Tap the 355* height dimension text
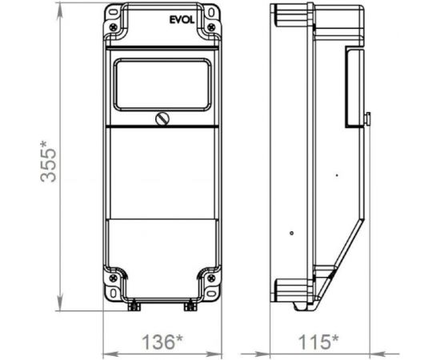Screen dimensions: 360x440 click(x=50, y=162)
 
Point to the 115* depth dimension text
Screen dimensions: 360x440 click(x=317, y=342)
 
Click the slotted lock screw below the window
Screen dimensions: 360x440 click(x=162, y=119)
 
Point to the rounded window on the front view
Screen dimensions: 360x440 click(x=162, y=84)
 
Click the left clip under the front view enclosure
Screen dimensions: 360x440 click(x=134, y=305)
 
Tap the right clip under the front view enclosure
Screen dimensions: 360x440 click(x=190, y=305)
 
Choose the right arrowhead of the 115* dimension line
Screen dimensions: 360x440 click(x=395, y=350)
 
